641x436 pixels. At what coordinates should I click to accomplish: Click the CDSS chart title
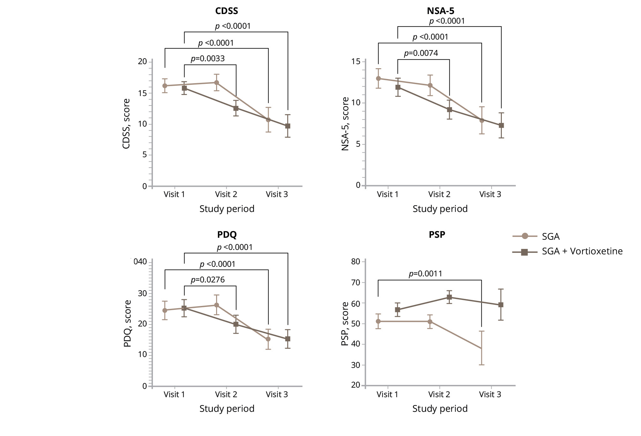pos(227,11)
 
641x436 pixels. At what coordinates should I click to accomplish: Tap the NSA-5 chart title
pos(441,11)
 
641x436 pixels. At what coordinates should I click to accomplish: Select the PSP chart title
pos(437,235)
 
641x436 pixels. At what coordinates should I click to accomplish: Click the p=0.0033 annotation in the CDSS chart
pos(208,59)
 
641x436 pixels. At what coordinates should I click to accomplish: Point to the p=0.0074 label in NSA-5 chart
pos(421,53)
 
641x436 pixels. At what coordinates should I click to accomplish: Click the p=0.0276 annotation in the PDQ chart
pos(208,280)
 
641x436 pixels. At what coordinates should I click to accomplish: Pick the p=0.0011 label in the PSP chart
pos(426,274)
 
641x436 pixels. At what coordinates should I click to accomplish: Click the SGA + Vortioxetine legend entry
pos(582,251)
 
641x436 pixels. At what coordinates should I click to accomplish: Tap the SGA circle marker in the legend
pos(524,236)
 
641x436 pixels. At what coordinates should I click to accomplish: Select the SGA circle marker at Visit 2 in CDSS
pos(216,83)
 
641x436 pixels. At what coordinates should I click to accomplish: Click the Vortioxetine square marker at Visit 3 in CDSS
pos(288,126)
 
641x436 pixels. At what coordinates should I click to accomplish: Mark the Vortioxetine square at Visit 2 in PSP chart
pos(449,297)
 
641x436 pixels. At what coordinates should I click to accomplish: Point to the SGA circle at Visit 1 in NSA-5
pos(378,78)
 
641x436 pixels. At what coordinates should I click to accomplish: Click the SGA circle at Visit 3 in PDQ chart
pos(268,339)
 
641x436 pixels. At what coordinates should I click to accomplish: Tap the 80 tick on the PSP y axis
pos(356,262)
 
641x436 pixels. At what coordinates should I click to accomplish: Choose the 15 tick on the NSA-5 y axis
pos(356,62)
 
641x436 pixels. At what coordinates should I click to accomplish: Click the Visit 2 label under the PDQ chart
pos(226,395)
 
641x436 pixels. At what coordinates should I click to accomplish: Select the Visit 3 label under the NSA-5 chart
pos(490,194)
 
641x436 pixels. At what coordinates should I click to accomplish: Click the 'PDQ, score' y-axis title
pos(127,323)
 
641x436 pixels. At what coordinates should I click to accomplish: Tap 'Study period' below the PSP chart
pos(440,409)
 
